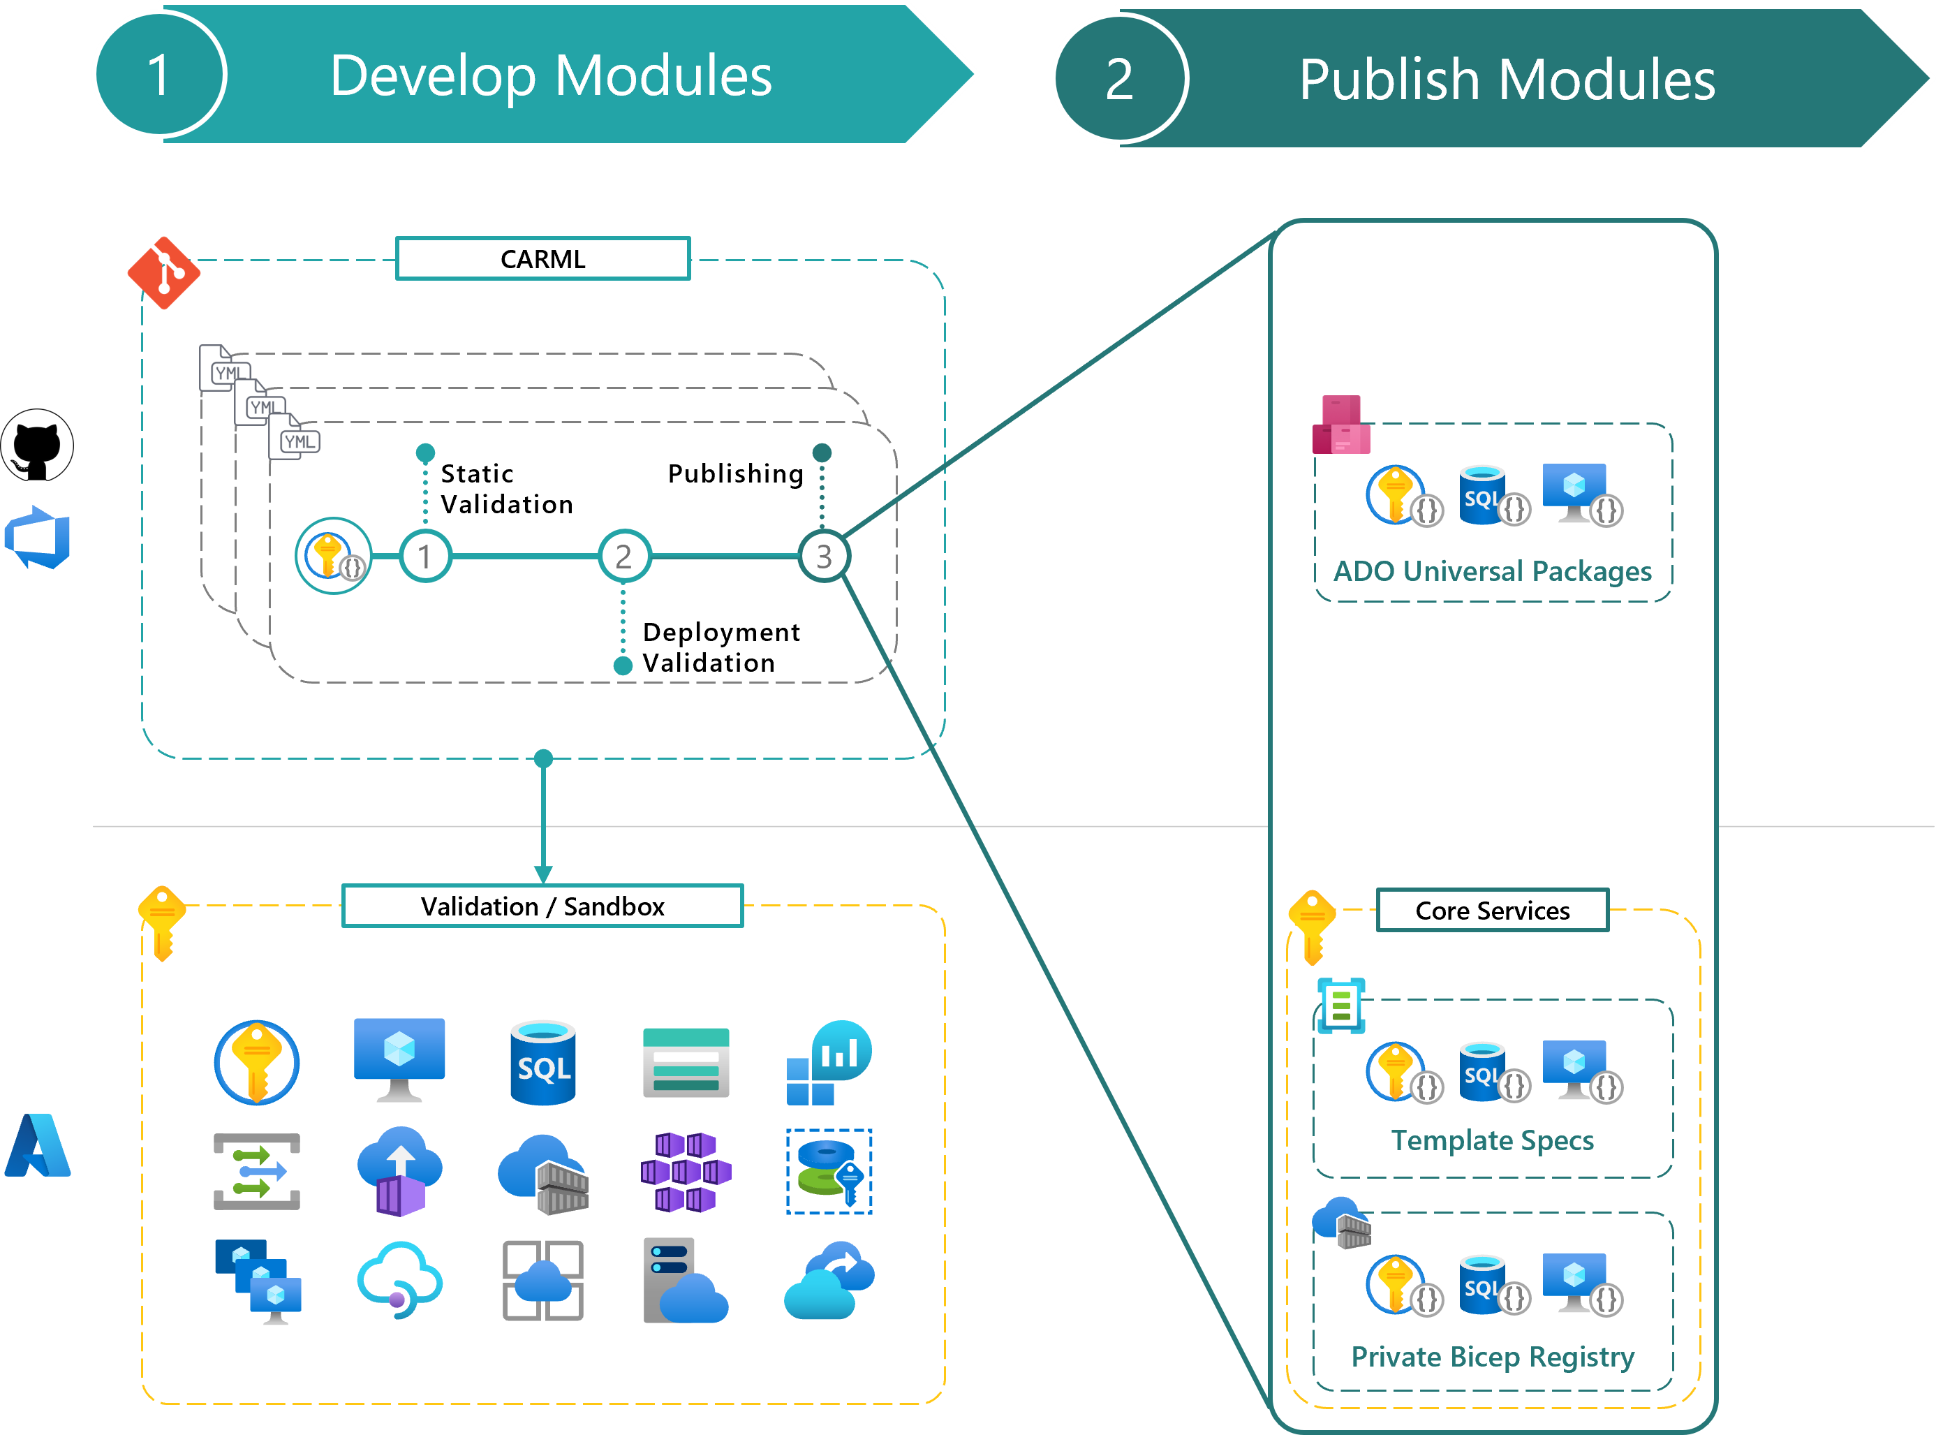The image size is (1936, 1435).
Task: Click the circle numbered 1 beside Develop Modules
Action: (159, 75)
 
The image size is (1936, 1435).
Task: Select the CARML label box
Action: (543, 259)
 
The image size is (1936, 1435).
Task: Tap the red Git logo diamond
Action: (163, 273)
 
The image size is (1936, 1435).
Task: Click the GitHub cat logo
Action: (36, 445)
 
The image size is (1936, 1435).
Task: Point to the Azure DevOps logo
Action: (37, 538)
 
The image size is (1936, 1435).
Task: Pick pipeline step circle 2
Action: (623, 556)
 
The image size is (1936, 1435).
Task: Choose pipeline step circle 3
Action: (823, 556)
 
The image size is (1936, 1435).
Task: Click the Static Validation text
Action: (506, 489)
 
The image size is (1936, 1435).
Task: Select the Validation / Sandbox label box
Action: (543, 906)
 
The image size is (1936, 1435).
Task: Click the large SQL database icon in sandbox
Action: (543, 1062)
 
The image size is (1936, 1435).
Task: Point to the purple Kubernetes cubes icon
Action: (686, 1172)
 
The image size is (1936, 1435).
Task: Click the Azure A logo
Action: (37, 1146)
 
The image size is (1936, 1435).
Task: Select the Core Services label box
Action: (1492, 911)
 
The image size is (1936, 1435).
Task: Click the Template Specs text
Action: (1492, 1140)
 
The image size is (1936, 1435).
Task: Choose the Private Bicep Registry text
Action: (1492, 1356)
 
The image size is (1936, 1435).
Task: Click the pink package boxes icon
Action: (1341, 426)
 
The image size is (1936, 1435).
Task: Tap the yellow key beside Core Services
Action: (1312, 926)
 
